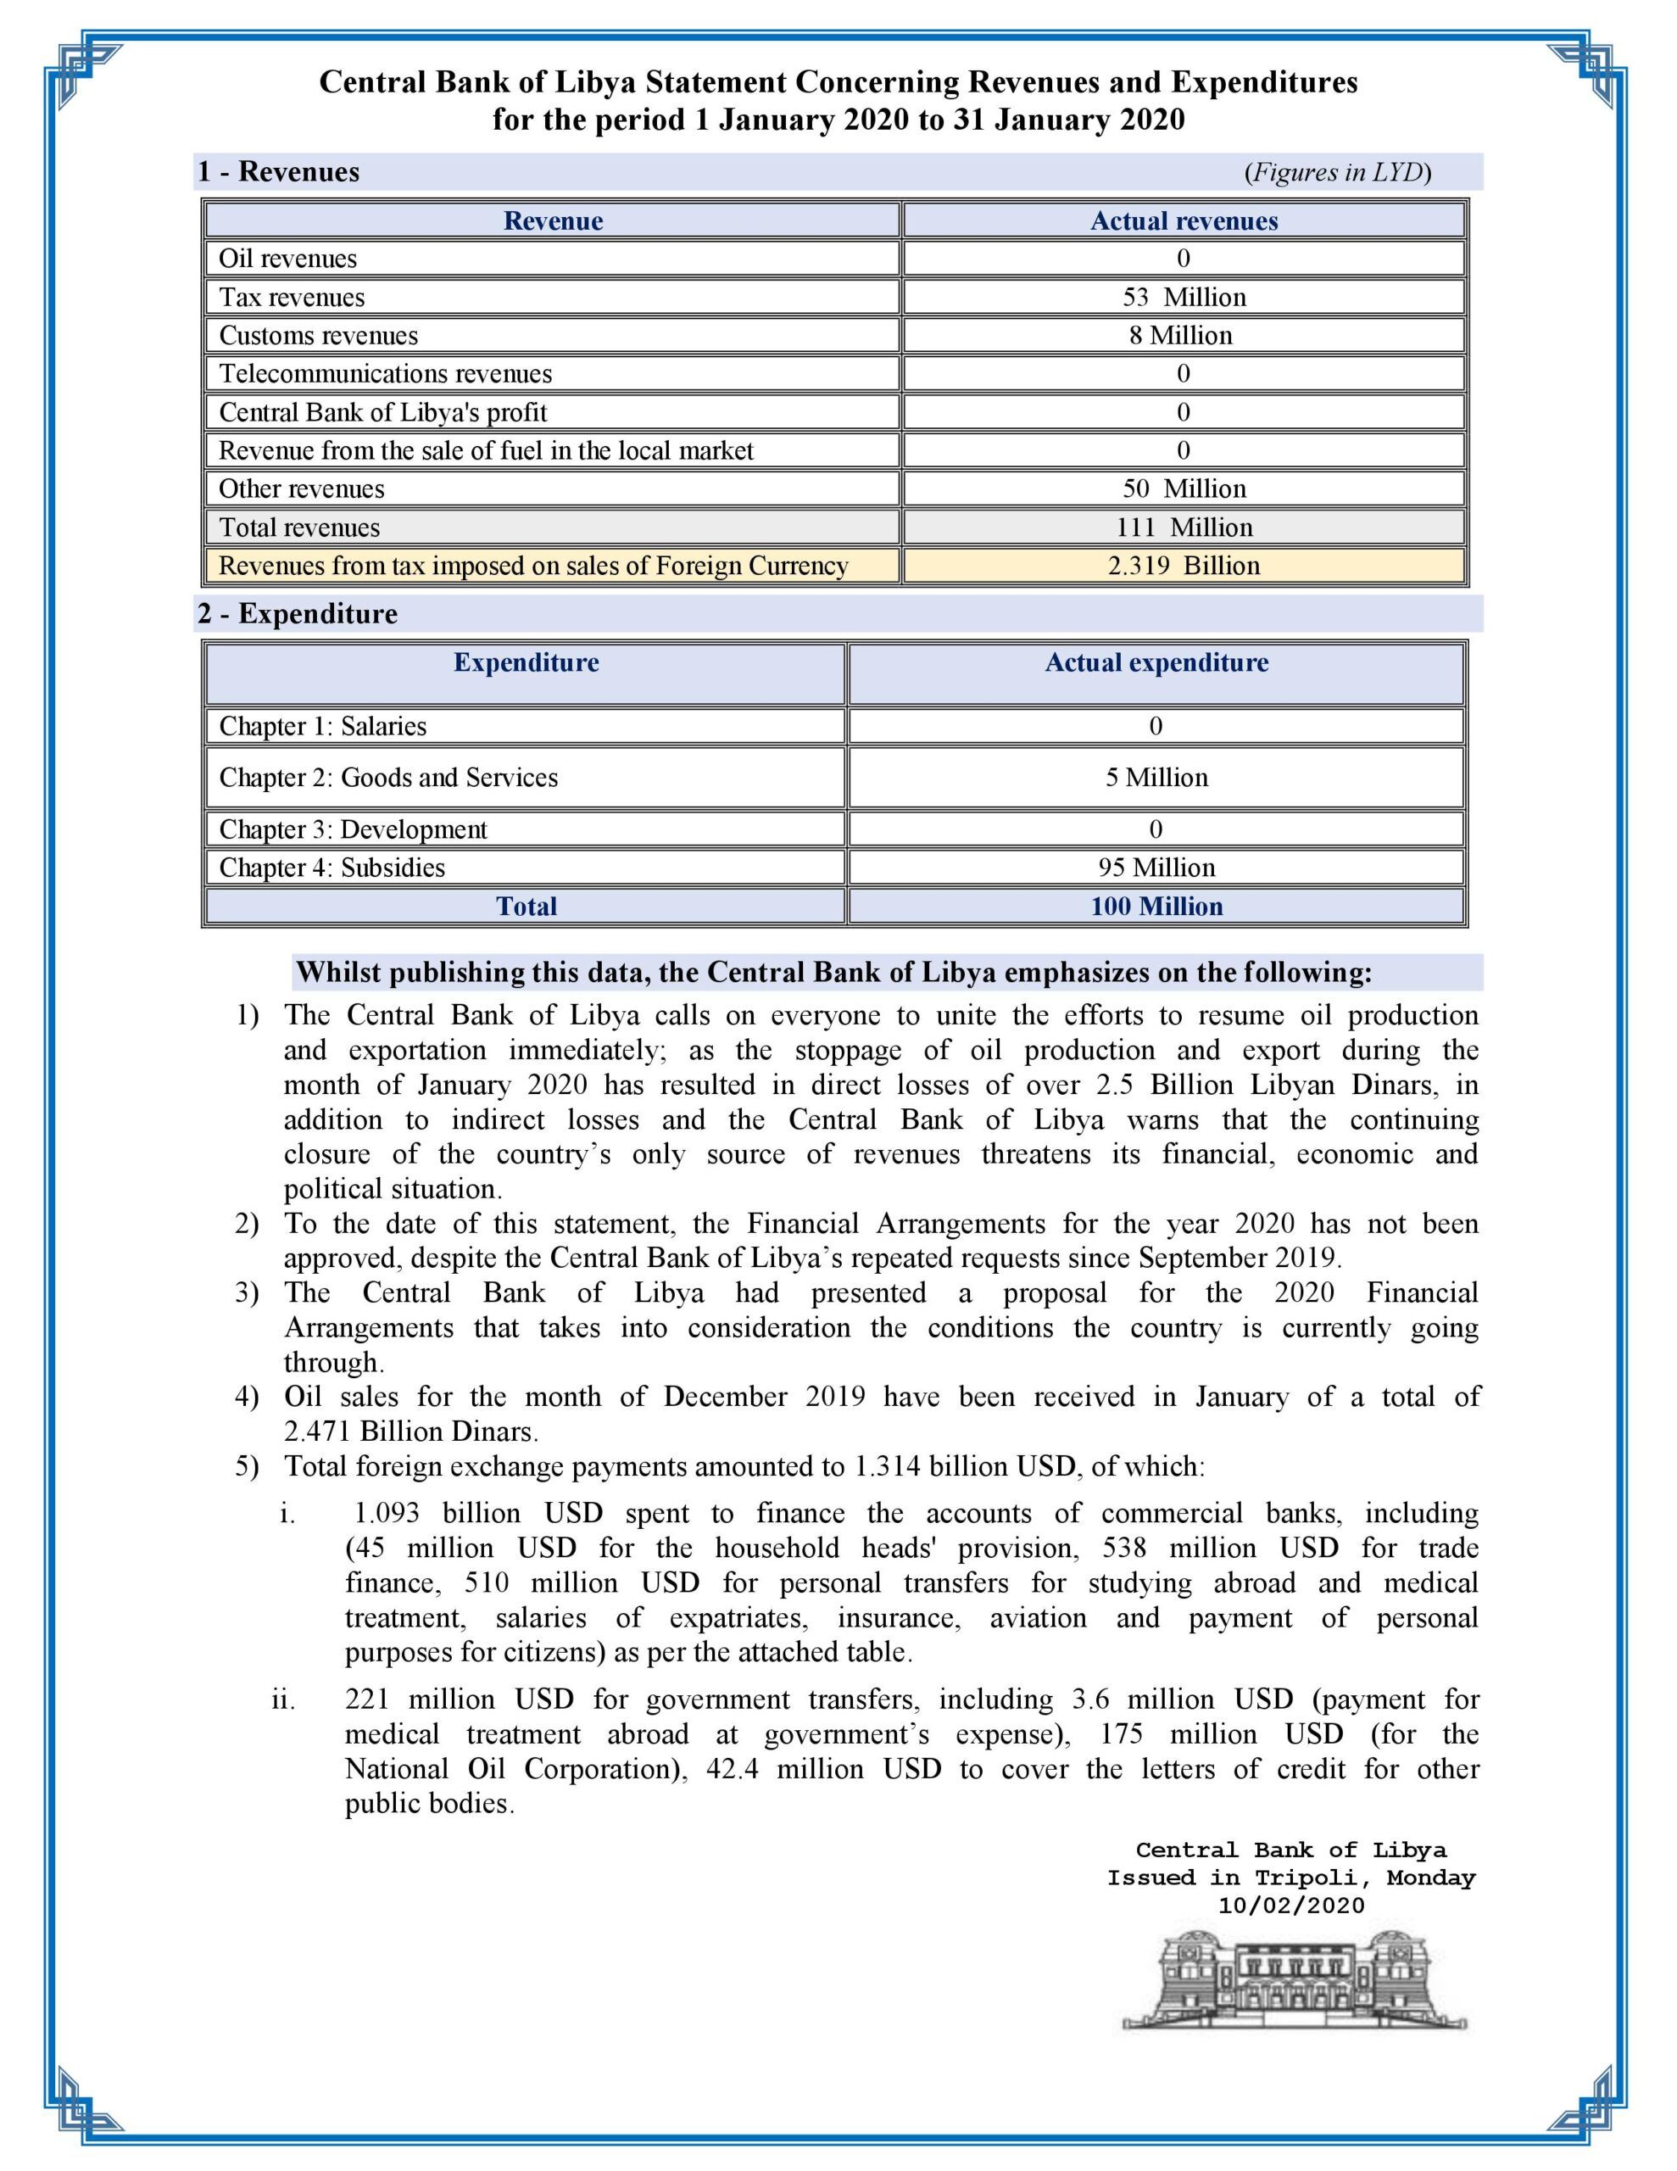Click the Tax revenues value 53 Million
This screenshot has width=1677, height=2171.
pos(1183,297)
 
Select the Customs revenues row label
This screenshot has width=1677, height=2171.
pos(318,336)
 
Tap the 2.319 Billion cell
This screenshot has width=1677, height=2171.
pos(1183,566)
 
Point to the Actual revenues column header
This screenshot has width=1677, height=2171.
pos(1183,220)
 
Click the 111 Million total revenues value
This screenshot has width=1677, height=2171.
pos(1183,527)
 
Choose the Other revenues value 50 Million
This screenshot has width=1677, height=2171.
pos(1183,489)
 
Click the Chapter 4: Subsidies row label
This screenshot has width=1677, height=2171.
pos(332,868)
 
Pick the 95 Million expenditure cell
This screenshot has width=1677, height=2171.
pos(1156,868)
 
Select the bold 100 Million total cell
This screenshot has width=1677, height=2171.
pos(1156,907)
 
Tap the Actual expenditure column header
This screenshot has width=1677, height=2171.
pos(1156,663)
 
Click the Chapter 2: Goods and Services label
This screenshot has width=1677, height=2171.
pos(388,778)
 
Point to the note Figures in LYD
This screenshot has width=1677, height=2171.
pos(1337,173)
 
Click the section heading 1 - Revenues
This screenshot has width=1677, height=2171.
pos(278,172)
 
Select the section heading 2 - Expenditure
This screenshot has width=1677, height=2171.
pos(298,614)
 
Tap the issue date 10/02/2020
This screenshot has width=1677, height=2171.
pos(1291,1906)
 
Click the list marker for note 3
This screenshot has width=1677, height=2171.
pos(247,1293)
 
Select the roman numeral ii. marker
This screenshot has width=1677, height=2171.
pos(284,1699)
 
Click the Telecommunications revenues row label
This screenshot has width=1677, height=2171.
pos(386,374)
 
